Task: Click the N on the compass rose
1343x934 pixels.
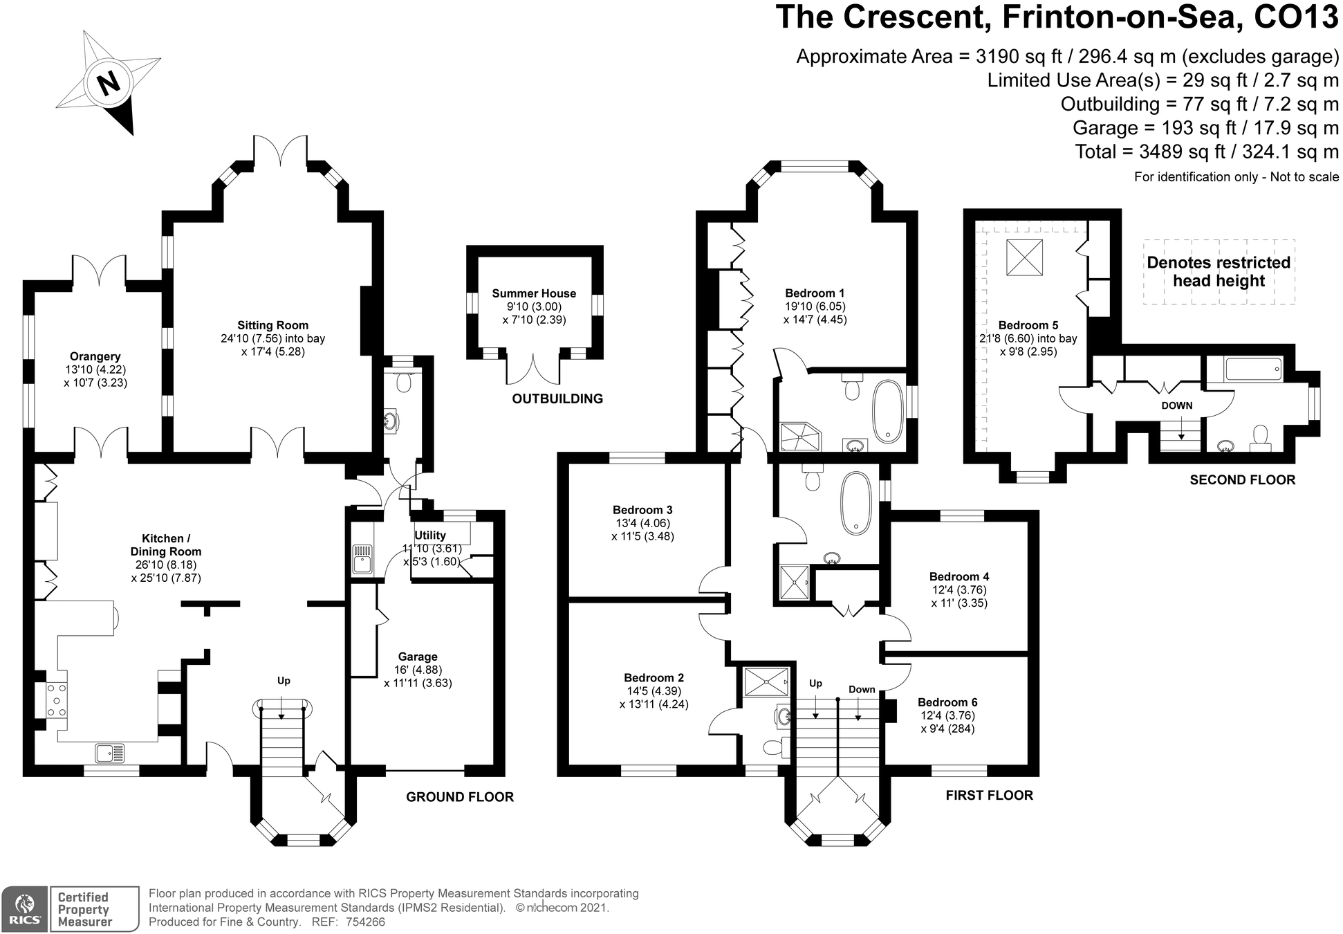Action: [x=109, y=84]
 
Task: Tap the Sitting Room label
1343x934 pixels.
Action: [x=272, y=325]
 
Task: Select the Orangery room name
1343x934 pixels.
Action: [x=95, y=356]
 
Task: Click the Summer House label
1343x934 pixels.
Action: [x=534, y=293]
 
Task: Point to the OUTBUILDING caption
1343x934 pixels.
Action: [x=557, y=399]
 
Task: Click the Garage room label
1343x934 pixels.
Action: [x=418, y=657]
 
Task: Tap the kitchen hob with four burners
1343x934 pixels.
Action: [x=56, y=700]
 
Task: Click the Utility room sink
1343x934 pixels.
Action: [x=362, y=560]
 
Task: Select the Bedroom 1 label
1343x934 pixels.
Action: [x=815, y=293]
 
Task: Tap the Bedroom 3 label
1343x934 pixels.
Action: [x=642, y=511]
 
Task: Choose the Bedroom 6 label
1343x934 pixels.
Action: [x=947, y=702]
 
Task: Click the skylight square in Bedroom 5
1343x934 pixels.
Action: [x=1024, y=257]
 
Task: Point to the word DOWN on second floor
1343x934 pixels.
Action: [x=1177, y=405]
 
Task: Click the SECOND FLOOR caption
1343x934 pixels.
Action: [x=1242, y=479]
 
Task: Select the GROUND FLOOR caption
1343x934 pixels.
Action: [x=460, y=797]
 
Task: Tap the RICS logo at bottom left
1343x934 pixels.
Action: [x=25, y=908]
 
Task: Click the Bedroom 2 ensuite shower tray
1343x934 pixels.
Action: [x=766, y=681]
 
